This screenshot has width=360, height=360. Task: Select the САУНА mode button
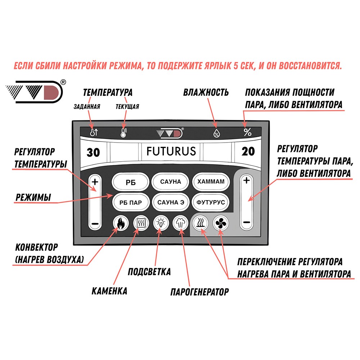pyautogui.click(x=171, y=182)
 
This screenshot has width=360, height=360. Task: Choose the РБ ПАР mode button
pyautogui.click(x=131, y=203)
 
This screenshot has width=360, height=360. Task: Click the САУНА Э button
pyautogui.click(x=171, y=202)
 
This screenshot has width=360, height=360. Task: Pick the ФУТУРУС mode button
pyautogui.click(x=211, y=202)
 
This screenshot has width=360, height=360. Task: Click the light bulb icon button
pyautogui.click(x=160, y=224)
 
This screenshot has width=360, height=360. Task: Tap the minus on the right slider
pyautogui.click(x=247, y=222)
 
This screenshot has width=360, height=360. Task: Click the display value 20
pyautogui.click(x=248, y=152)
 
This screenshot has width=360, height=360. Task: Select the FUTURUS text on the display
pyautogui.click(x=171, y=151)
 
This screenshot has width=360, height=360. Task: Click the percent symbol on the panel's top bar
pyautogui.click(x=247, y=132)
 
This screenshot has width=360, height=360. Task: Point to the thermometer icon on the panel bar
pyautogui.click(x=124, y=133)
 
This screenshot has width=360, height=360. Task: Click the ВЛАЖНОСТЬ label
pyautogui.click(x=206, y=93)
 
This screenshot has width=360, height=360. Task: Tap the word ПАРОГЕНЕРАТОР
pyautogui.click(x=199, y=292)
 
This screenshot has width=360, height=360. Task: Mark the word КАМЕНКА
pyautogui.click(x=109, y=291)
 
